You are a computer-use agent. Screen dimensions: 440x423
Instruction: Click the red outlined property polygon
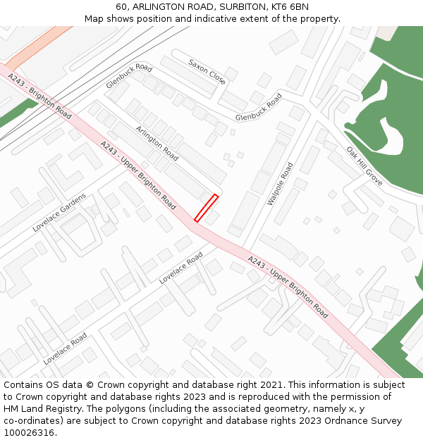click(x=206, y=208)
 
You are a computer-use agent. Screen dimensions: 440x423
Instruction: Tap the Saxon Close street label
click(x=207, y=72)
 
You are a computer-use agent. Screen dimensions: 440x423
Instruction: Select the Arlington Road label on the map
click(x=157, y=143)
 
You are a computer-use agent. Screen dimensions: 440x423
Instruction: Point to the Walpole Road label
click(x=280, y=184)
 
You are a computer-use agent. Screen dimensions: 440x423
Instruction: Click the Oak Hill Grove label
click(x=364, y=166)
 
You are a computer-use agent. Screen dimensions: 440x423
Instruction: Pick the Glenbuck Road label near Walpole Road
click(x=259, y=107)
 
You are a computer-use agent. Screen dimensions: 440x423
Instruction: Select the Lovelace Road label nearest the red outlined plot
click(x=181, y=268)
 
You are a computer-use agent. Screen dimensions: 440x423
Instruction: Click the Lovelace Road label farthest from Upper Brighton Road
click(x=65, y=348)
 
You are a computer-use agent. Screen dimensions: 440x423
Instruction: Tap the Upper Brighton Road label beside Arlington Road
click(x=138, y=175)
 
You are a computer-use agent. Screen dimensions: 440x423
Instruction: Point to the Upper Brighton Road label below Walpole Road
click(x=288, y=287)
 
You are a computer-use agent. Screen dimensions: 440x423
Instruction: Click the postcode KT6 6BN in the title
click(x=290, y=7)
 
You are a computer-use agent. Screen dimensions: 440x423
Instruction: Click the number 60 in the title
click(x=122, y=7)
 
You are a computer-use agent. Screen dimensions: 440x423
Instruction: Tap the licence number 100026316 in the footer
click(x=28, y=433)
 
